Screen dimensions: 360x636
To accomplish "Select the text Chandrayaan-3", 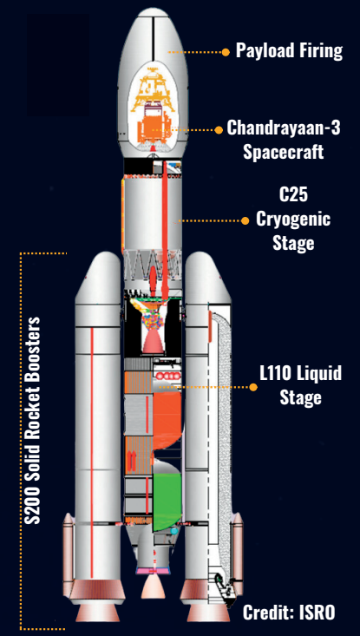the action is [x=283, y=129].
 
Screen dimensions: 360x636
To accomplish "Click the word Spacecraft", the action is [x=283, y=153].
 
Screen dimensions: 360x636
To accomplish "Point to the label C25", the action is [x=293, y=195].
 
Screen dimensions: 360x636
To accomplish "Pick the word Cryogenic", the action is [x=293, y=220].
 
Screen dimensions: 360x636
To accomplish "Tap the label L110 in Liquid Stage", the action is [x=276, y=374].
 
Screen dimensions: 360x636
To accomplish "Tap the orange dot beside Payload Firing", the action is [x=226, y=52].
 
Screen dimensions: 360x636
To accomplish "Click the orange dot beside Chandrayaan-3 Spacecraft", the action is [x=219, y=130].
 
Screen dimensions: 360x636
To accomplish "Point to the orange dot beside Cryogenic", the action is [x=245, y=220].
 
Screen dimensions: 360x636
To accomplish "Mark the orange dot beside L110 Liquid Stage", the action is [x=253, y=387].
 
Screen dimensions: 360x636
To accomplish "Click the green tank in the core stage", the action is [x=167, y=502].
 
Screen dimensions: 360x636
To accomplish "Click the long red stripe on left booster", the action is [x=92, y=452].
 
